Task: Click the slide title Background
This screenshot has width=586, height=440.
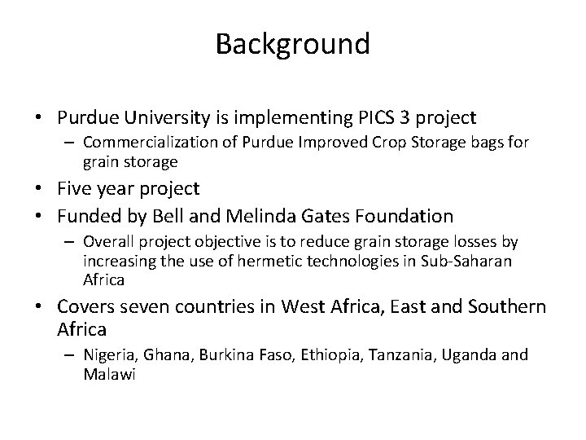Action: (x=292, y=43)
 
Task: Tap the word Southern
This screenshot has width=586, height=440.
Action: (x=505, y=307)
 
